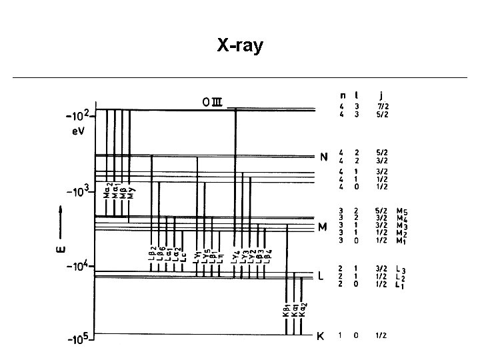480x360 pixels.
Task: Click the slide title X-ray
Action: click(x=240, y=46)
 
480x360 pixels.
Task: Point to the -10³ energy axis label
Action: click(x=80, y=193)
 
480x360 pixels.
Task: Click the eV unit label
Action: click(x=79, y=131)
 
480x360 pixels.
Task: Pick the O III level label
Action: click(x=215, y=101)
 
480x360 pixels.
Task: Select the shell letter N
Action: click(x=323, y=158)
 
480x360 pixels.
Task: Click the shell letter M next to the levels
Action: click(x=323, y=227)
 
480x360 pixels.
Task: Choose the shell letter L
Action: click(x=321, y=276)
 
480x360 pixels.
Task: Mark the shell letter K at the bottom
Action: click(x=320, y=337)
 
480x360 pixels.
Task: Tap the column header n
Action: click(x=343, y=95)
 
